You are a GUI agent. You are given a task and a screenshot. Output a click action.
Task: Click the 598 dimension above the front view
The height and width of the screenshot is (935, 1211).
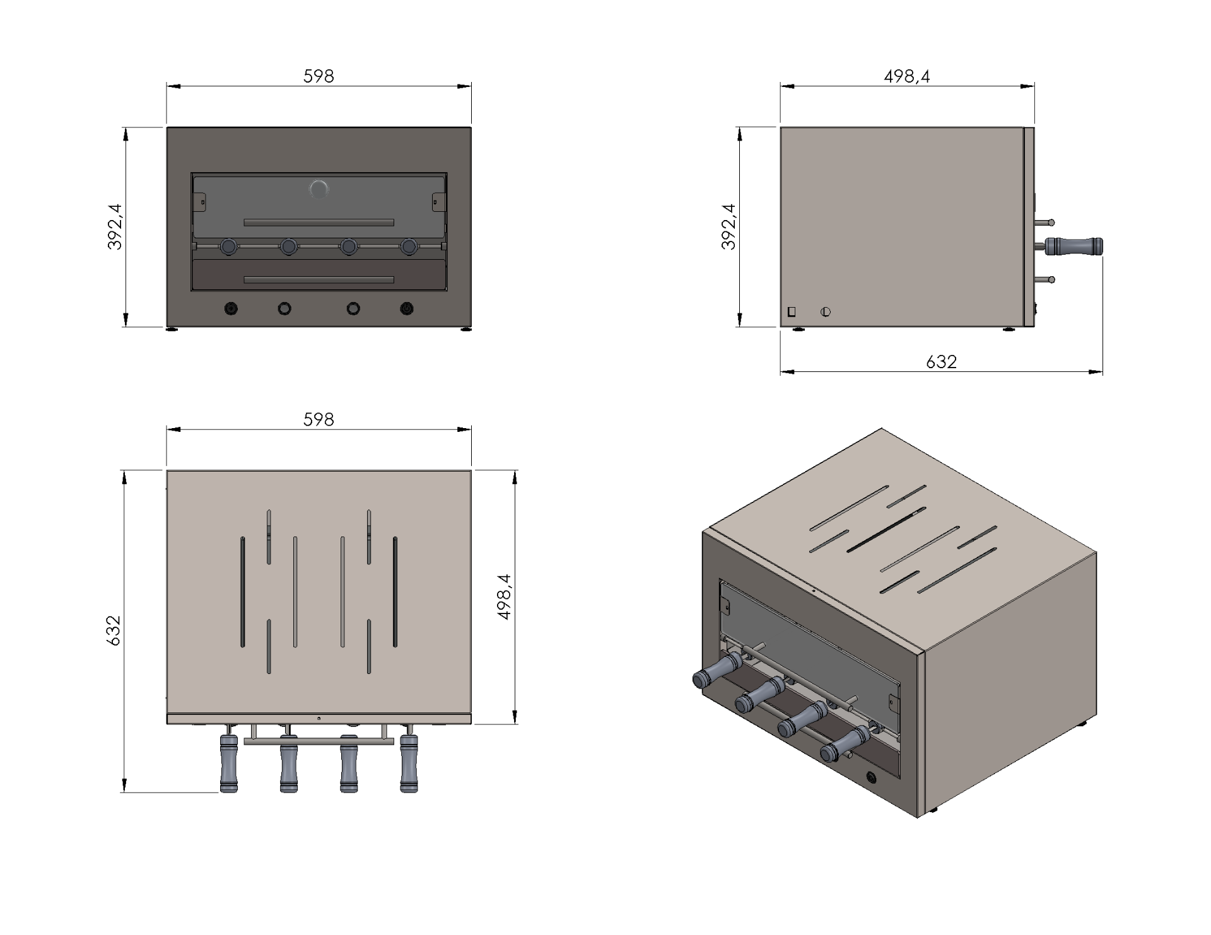click(319, 76)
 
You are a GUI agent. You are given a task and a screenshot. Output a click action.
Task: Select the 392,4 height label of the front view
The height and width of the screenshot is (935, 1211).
click(115, 227)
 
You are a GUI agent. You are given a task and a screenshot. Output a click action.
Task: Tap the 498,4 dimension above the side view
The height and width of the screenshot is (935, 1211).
click(907, 76)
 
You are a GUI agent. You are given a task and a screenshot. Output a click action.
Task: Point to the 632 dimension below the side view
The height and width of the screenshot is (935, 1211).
click(941, 361)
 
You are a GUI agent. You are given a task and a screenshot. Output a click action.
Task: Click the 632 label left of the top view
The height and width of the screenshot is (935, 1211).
click(114, 630)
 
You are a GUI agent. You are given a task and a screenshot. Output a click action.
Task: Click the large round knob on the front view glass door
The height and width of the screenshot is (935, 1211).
click(319, 189)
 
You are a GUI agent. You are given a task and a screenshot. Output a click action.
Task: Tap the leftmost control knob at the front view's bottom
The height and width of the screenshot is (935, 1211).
click(231, 309)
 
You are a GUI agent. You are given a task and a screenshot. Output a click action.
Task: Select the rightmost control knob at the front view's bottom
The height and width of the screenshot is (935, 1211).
click(407, 309)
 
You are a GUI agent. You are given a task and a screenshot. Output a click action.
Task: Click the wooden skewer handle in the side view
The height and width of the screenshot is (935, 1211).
click(1075, 246)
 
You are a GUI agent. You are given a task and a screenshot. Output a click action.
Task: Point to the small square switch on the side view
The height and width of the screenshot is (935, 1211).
click(792, 311)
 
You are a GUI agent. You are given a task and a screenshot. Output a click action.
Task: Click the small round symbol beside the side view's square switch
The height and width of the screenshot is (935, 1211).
click(826, 311)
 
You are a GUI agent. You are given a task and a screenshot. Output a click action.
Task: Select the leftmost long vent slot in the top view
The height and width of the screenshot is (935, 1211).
click(243, 592)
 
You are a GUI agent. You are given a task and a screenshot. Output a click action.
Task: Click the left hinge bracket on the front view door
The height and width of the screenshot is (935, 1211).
click(202, 202)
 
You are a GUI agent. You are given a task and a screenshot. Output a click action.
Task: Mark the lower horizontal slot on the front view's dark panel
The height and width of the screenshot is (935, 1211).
click(319, 280)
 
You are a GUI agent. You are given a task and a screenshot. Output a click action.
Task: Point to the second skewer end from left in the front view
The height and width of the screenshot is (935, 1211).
click(289, 246)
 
